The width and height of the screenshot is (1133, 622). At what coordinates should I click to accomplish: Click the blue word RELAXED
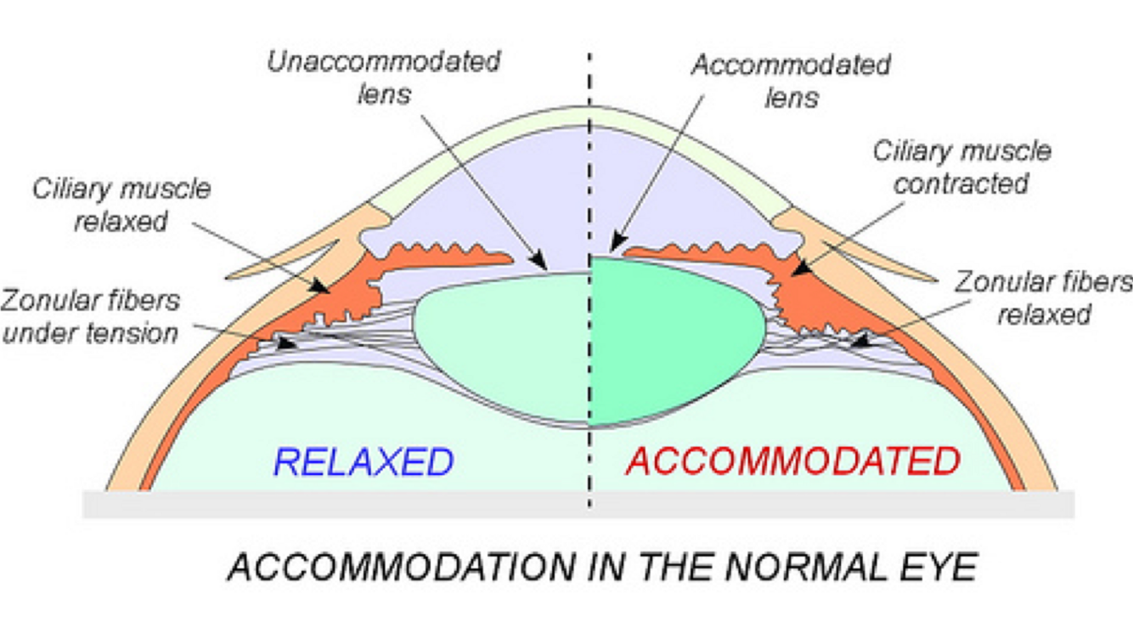(363, 462)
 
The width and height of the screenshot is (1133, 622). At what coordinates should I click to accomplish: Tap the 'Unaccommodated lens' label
(383, 77)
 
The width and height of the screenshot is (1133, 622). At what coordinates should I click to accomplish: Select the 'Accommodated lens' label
(791, 81)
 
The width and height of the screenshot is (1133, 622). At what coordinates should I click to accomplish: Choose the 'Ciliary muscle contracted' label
(961, 167)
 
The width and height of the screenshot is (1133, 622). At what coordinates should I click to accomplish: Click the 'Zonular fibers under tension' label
(91, 316)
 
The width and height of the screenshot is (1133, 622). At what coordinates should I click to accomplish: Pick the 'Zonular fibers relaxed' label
(1043, 298)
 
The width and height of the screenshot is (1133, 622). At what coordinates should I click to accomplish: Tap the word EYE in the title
(940, 567)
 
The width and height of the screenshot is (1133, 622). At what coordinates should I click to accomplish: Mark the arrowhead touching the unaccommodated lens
(540, 263)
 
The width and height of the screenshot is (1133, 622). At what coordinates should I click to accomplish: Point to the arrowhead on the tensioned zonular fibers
(289, 344)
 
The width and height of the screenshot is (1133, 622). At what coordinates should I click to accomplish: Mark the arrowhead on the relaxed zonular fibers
(858, 343)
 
